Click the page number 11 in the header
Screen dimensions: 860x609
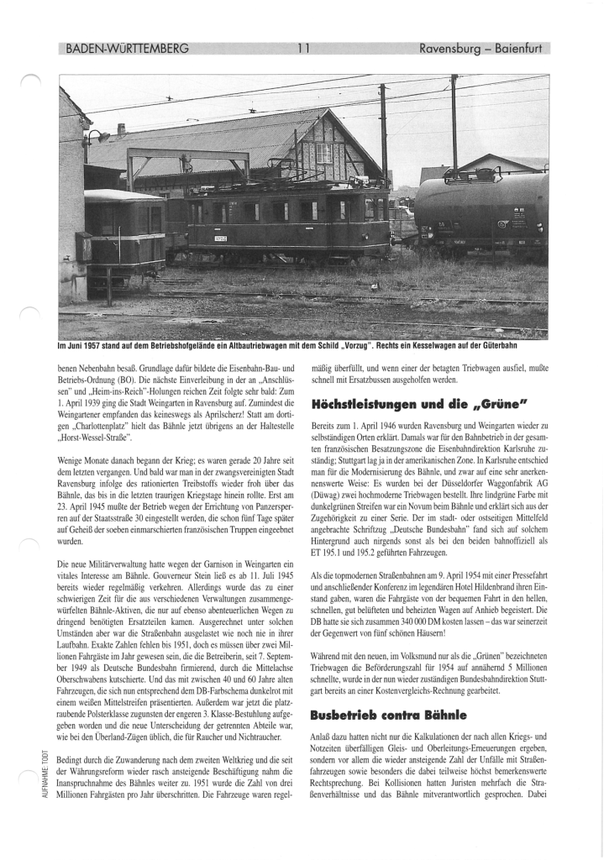[x=304, y=48]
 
